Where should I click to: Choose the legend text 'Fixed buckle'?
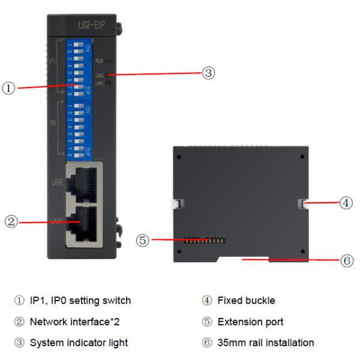(241, 300)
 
